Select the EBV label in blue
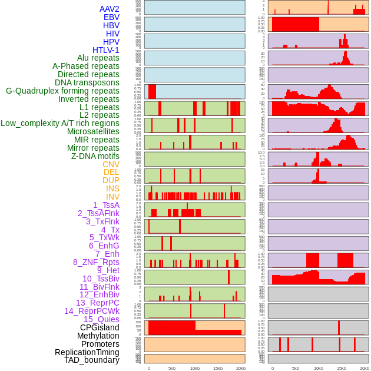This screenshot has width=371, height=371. pyautogui.click(x=111, y=17)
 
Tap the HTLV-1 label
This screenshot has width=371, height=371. pyautogui.click(x=105, y=50)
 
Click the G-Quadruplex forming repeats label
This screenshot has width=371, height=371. pyautogui.click(x=62, y=91)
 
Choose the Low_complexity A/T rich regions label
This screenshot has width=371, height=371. pyautogui.click(x=60, y=123)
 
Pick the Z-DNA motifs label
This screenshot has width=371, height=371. pyautogui.click(x=95, y=156)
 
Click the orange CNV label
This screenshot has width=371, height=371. pyautogui.click(x=111, y=164)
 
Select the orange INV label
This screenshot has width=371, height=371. pyautogui.click(x=112, y=197)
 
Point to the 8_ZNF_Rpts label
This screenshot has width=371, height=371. pyautogui.click(x=96, y=262)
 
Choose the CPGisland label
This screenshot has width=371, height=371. pyautogui.click(x=100, y=327)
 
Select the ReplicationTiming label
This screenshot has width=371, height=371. pyautogui.click(x=87, y=352)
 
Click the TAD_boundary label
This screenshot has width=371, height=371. pyautogui.click(x=92, y=360)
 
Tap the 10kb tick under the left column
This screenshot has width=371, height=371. pyautogui.click(x=194, y=368)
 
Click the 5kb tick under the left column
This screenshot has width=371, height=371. pyautogui.click(x=171, y=368)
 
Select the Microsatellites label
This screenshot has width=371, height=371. pyautogui.click(x=93, y=131)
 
